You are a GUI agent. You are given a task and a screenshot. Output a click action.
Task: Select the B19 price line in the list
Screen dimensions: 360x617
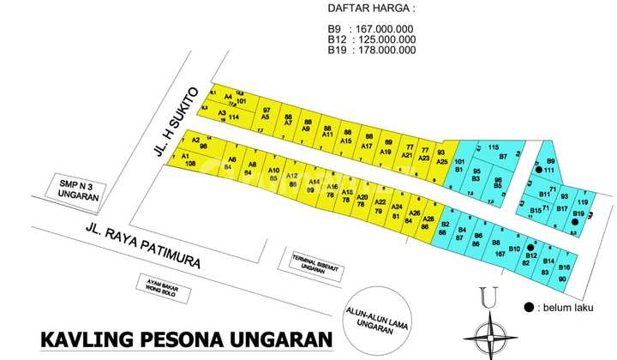(x=371, y=50)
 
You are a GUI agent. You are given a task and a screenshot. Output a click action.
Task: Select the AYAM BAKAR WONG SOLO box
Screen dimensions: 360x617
(x=169, y=287)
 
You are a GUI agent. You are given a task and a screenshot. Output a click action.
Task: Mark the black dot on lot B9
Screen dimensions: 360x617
(x=538, y=170)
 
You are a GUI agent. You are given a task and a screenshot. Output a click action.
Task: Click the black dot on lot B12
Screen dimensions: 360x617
(x=531, y=243)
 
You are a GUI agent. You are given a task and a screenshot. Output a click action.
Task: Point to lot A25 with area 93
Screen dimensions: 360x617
(x=440, y=156)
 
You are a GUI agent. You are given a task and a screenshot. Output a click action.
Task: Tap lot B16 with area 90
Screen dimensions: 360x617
(x=563, y=273)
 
